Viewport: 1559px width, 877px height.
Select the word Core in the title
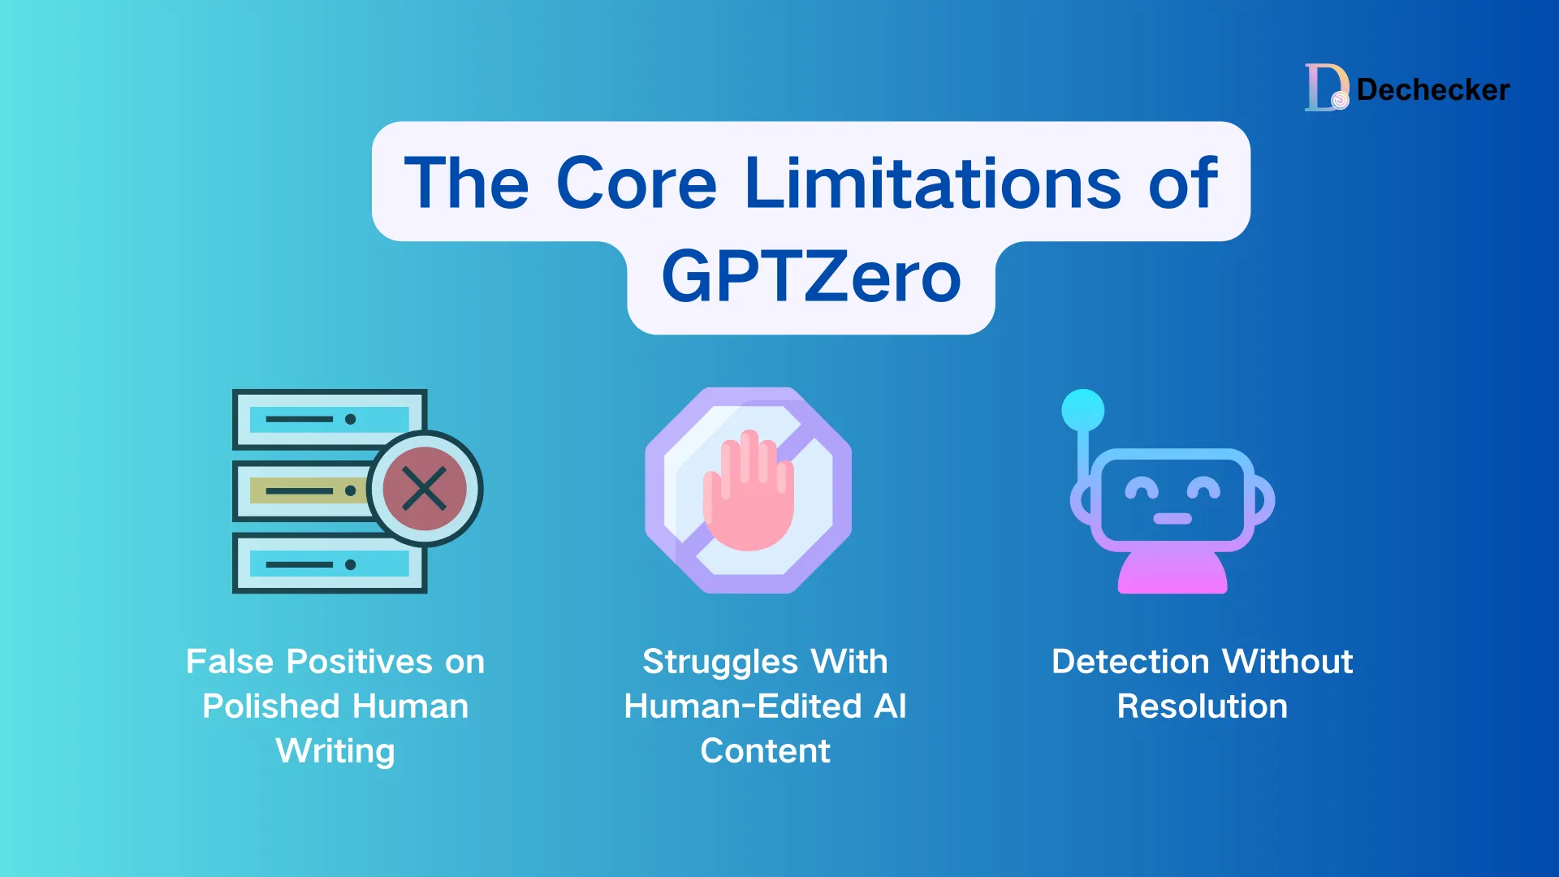[637, 184]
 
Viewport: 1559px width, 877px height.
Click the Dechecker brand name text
[1433, 89]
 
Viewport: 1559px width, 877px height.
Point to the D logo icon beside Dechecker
[1326, 87]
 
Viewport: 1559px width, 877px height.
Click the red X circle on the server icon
[425, 489]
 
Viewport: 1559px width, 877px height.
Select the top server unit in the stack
[329, 419]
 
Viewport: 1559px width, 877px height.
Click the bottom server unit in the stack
[329, 564]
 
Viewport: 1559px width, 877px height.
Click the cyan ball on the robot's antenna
[1082, 410]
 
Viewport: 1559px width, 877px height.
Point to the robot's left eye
[1141, 489]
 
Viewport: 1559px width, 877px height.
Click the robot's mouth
[1172, 519]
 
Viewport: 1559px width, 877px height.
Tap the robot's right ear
[1263, 499]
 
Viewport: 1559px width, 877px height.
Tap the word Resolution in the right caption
[1202, 706]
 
